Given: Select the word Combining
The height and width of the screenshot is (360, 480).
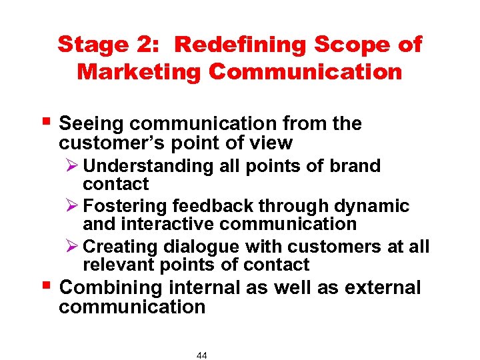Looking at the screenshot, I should coord(111,288).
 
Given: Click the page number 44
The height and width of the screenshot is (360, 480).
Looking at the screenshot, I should coord(202,355).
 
